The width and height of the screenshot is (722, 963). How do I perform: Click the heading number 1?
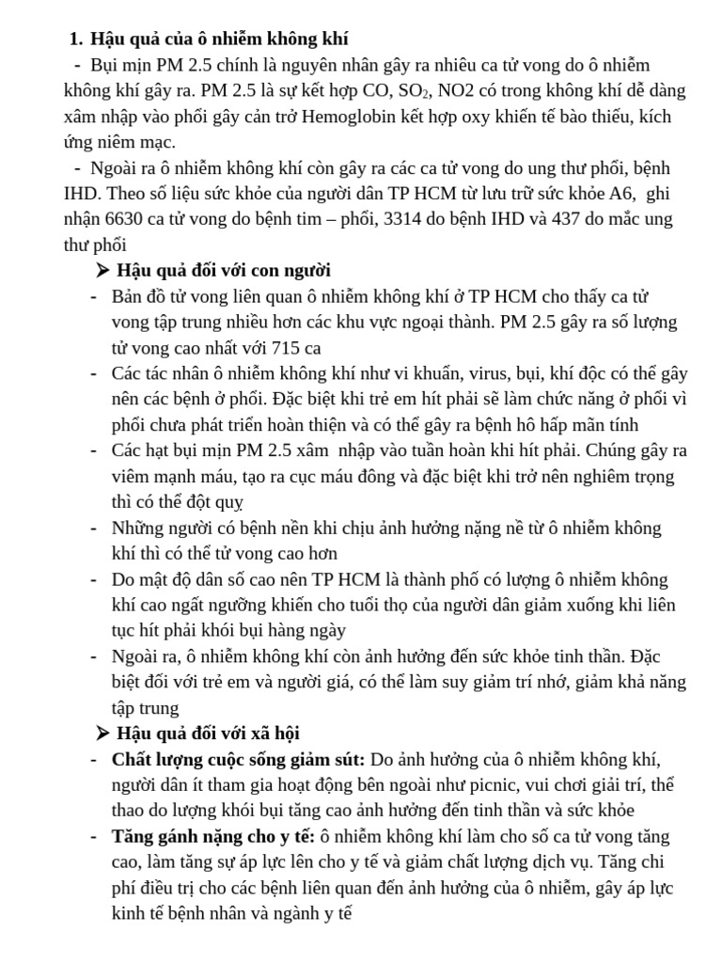pos(75,39)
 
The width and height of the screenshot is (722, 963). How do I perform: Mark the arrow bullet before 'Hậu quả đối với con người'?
pos(102,271)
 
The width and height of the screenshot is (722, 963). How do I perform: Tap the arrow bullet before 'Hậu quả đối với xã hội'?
pos(102,733)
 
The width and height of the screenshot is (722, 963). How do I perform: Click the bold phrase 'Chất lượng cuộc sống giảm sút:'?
pos(238,759)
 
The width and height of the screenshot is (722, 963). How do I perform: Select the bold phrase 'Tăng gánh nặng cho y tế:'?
pos(213,836)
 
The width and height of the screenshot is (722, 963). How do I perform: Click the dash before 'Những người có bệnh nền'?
pos(94,528)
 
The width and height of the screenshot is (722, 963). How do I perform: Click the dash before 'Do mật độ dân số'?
pos(94,579)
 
